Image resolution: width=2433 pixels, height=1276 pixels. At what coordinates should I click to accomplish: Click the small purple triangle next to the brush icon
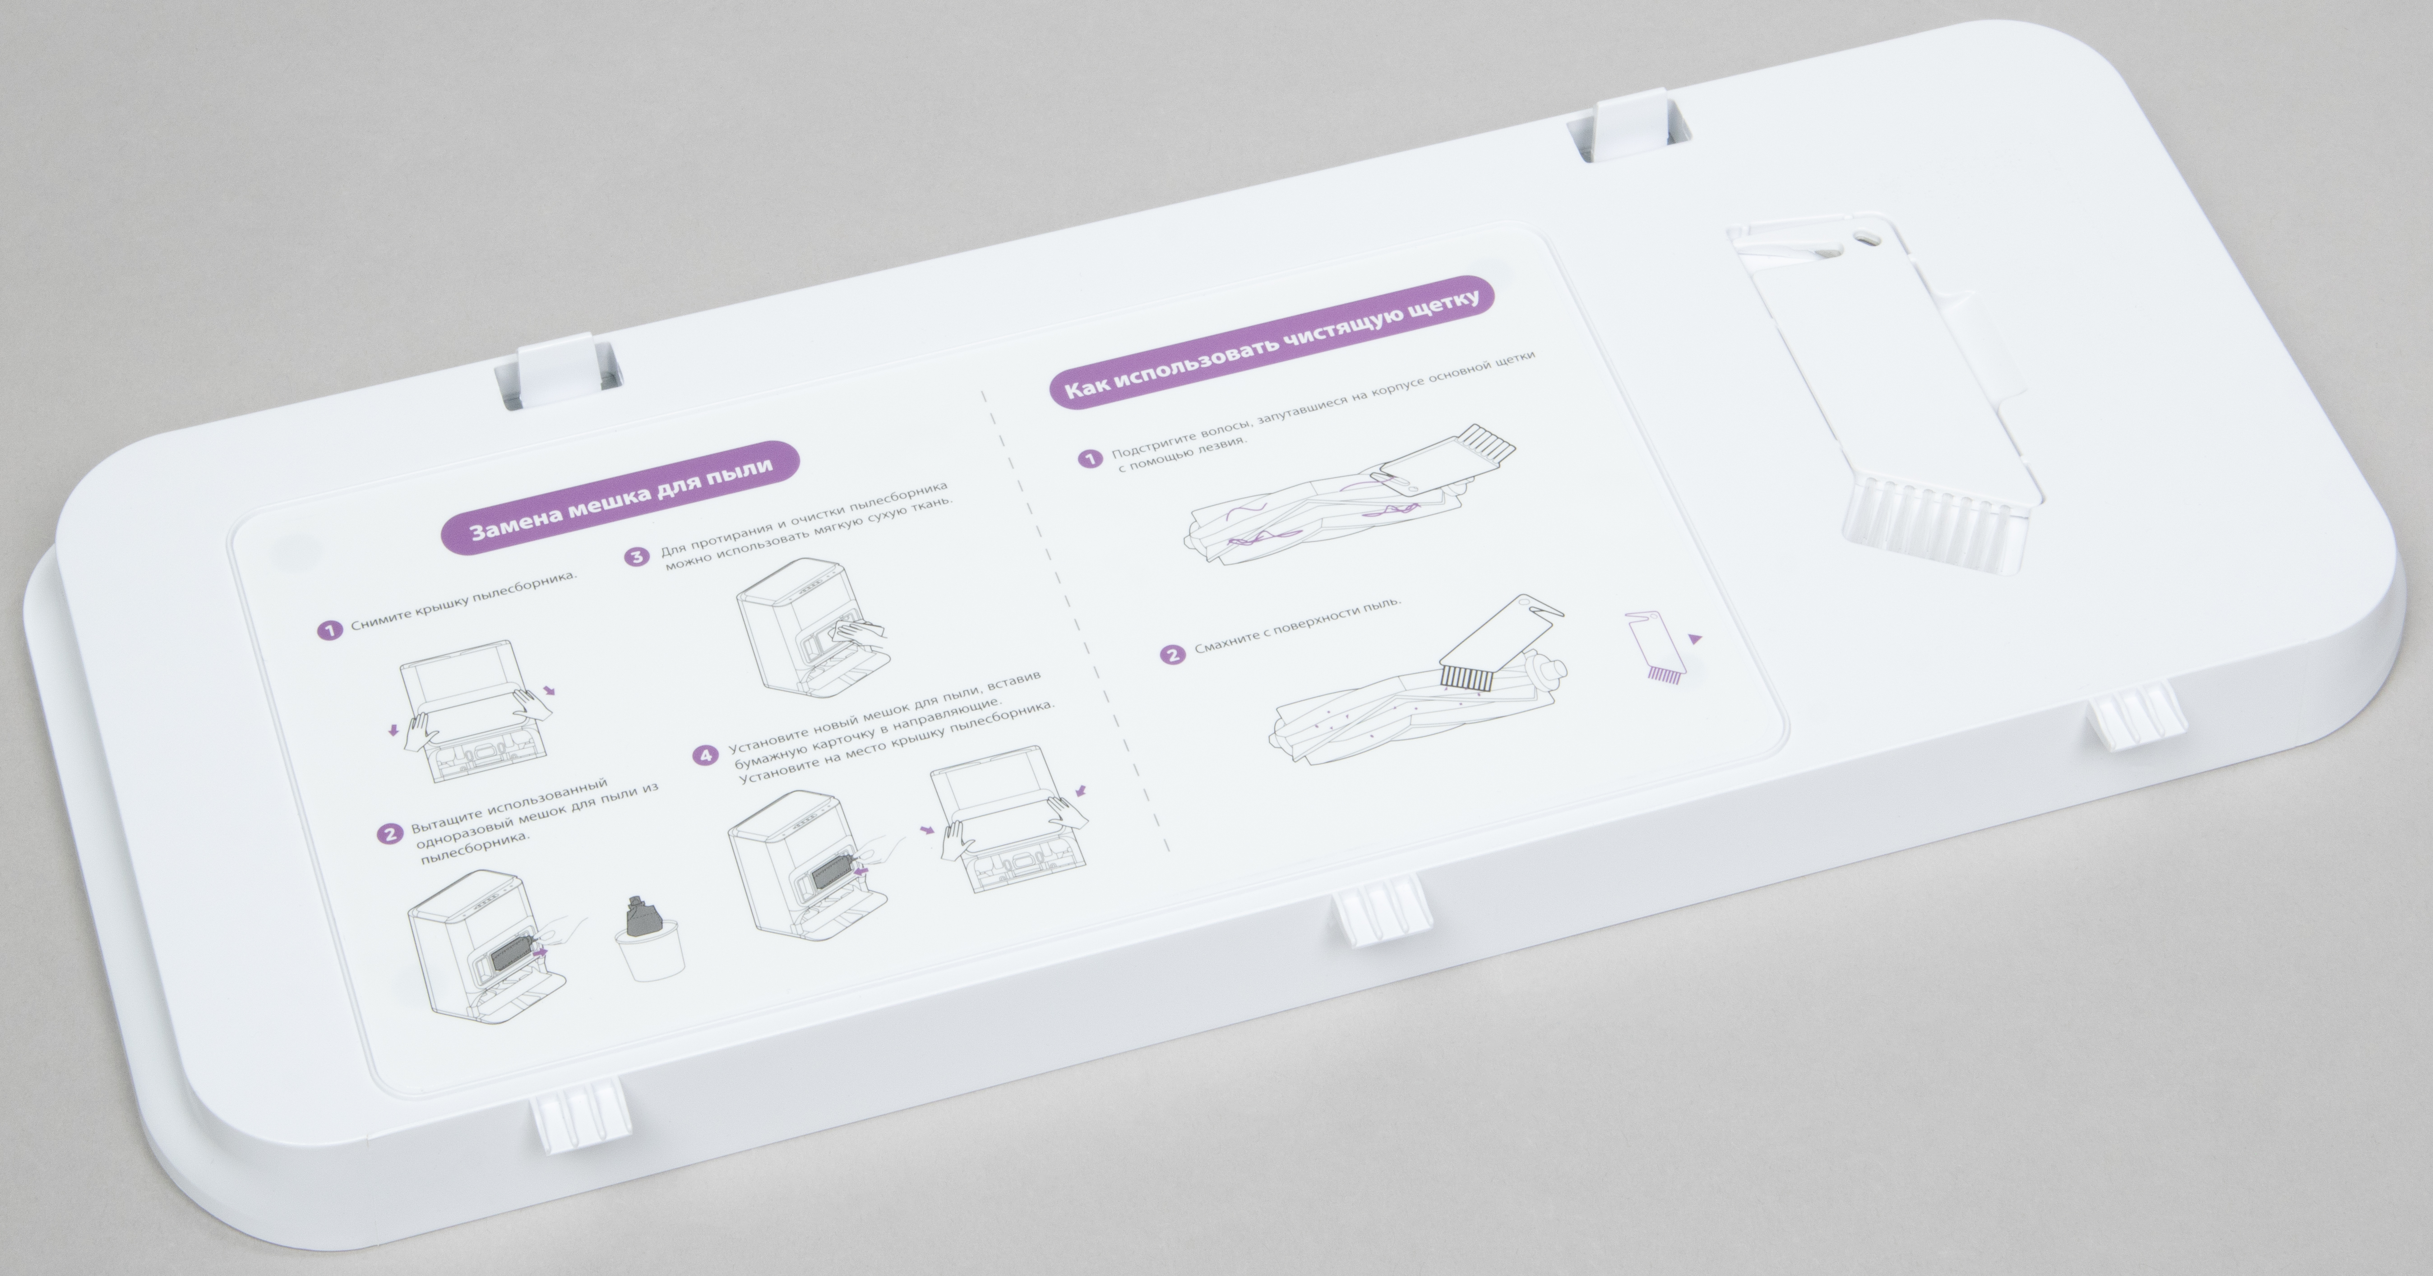coord(1694,638)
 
